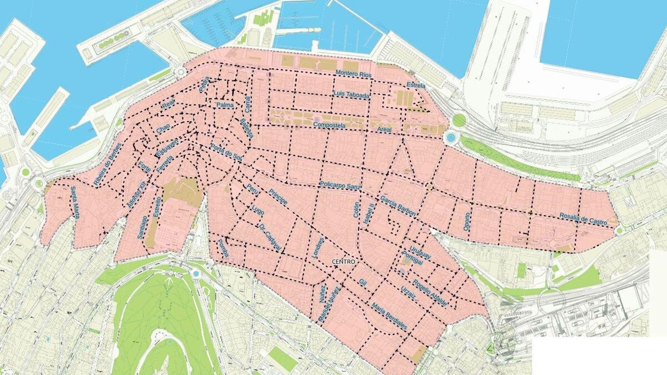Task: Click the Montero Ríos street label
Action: click(353, 74)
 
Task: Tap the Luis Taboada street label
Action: click(351, 95)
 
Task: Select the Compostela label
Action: click(329, 125)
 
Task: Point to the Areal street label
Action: click(384, 130)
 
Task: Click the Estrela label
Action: click(416, 85)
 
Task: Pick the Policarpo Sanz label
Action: click(340, 185)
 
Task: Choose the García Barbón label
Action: click(398, 206)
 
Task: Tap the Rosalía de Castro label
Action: click(583, 220)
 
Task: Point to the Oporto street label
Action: click(466, 222)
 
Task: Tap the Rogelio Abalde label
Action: click(430, 293)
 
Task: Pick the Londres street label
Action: click(318, 248)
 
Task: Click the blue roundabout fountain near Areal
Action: click(450, 137)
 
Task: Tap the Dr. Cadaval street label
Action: click(270, 238)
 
